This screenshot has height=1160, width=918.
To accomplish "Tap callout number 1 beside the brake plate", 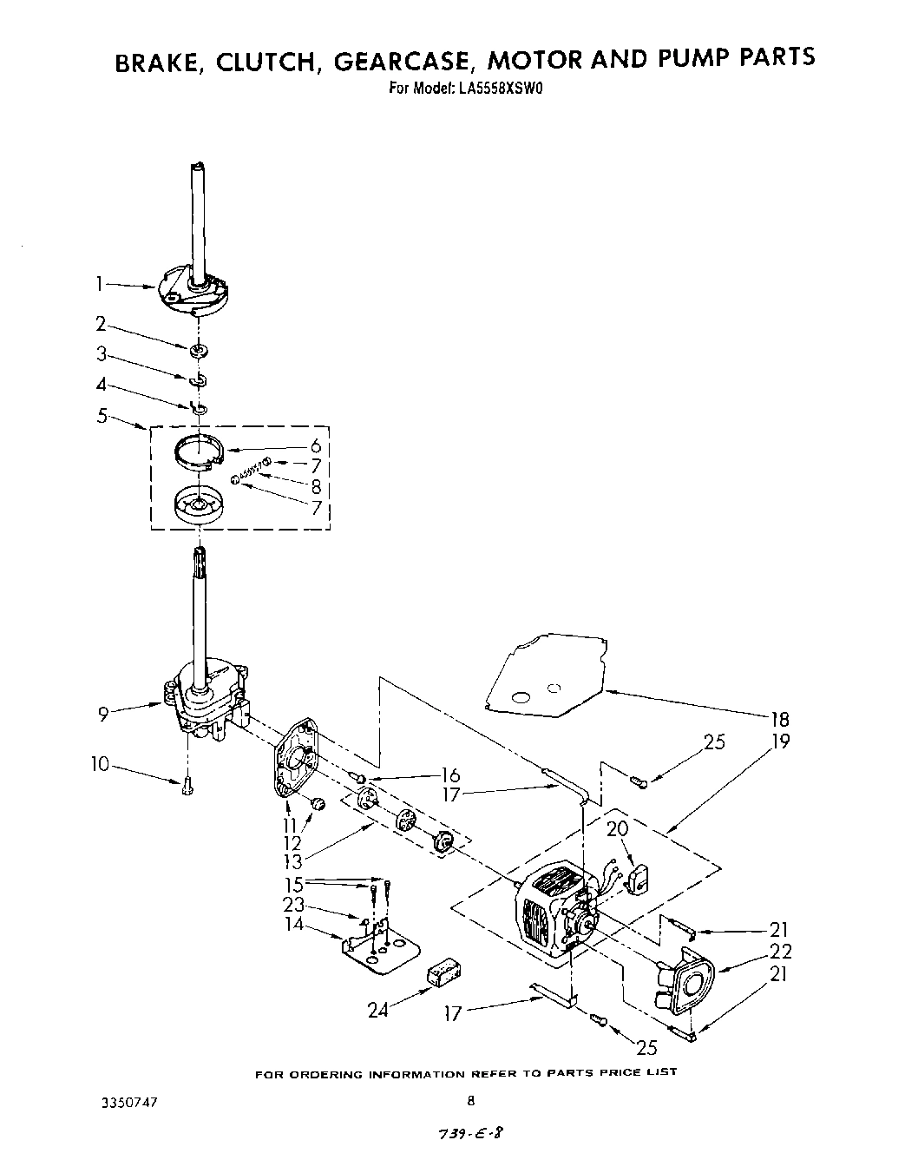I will (100, 282).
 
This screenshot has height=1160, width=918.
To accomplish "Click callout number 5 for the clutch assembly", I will (102, 416).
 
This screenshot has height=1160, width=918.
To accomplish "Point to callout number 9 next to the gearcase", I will (103, 714).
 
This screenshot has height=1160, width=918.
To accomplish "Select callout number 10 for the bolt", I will (100, 764).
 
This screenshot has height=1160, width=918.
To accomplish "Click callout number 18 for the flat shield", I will (779, 719).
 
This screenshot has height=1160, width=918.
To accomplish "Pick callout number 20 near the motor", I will (617, 828).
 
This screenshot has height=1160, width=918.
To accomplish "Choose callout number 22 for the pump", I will (781, 952).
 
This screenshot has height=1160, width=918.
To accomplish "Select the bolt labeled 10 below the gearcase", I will (187, 787).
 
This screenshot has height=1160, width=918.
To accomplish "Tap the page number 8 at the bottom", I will (469, 1100).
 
